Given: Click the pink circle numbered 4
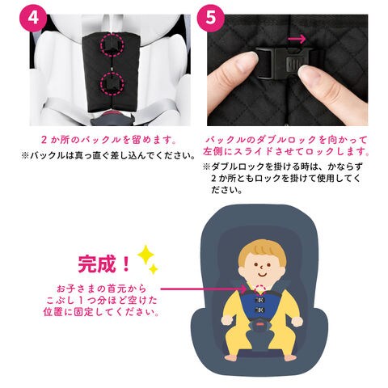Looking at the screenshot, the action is pos(33,19).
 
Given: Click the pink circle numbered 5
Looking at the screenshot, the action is pos(211,19).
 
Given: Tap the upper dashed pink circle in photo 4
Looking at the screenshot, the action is pos(112,44).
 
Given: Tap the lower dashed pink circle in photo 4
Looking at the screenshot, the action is pos(112,84).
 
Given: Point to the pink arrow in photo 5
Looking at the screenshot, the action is pos(297,39).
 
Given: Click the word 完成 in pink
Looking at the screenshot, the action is pos(98,264).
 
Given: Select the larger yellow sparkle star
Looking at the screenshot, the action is pos(145,255).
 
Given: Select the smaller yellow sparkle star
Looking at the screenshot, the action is pos(154,269).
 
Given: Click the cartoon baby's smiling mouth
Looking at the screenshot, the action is pos(262,275).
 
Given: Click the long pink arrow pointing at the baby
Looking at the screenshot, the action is pos(204,289).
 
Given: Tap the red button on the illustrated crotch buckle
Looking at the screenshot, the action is pos(260,323).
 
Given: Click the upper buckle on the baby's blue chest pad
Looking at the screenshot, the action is pos(260,300).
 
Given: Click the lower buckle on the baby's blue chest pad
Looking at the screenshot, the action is pos(260,310).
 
